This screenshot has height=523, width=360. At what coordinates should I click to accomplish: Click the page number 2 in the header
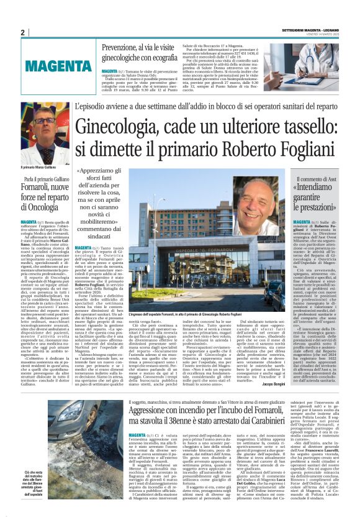tap(22, 32)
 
